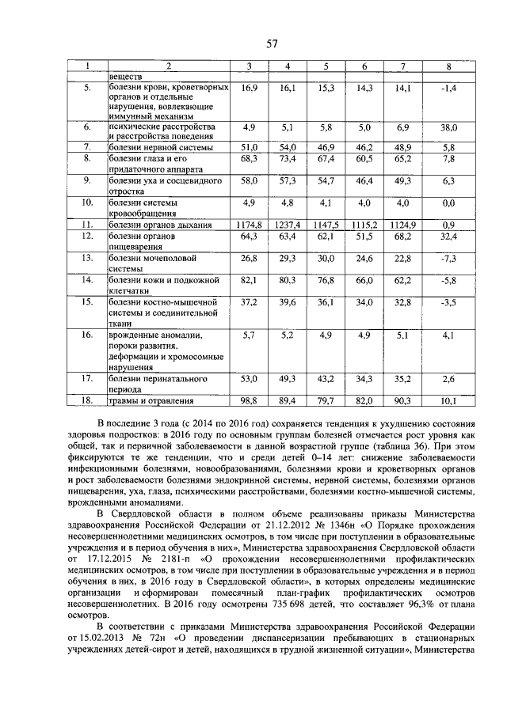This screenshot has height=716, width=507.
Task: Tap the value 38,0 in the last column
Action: tap(449, 127)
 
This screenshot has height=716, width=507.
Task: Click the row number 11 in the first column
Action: tap(88, 225)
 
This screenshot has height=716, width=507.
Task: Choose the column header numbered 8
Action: tap(449, 66)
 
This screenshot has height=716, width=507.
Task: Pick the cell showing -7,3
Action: tap(449, 258)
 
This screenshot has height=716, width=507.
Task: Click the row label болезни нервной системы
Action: tap(161, 147)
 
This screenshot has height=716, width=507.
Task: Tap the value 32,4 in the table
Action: tap(449, 236)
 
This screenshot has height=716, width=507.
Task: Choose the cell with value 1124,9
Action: tap(405, 225)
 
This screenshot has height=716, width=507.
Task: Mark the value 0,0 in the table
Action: tap(449, 203)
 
